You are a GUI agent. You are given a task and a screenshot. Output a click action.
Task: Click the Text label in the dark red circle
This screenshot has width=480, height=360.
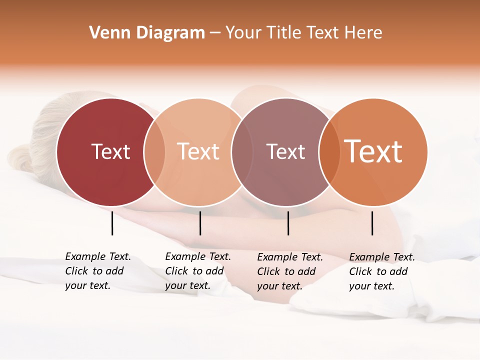point(110,151)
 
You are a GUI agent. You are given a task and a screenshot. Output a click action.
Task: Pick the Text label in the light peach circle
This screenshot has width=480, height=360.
point(198,151)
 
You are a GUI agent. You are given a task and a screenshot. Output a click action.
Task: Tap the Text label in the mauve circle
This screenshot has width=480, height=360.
point(285,151)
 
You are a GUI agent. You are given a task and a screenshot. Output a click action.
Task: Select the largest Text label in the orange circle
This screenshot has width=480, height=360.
point(373,151)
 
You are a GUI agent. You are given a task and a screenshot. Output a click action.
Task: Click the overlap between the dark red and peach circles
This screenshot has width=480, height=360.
point(154,152)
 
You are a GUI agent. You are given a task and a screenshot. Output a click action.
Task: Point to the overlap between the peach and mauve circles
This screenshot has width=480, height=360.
point(242,152)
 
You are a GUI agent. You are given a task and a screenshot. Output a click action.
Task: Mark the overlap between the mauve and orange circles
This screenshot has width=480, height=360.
point(329,152)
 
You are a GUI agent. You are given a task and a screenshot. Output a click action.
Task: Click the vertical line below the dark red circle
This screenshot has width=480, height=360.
point(112,223)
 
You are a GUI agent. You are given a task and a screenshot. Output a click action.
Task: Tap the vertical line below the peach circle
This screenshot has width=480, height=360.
point(200,223)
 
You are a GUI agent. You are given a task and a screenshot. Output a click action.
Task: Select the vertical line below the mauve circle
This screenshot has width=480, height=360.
point(288,223)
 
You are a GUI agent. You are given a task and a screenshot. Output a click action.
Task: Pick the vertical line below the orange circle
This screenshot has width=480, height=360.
point(372,223)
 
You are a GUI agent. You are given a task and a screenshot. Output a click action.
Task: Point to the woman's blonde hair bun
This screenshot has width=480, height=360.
point(20,156)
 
